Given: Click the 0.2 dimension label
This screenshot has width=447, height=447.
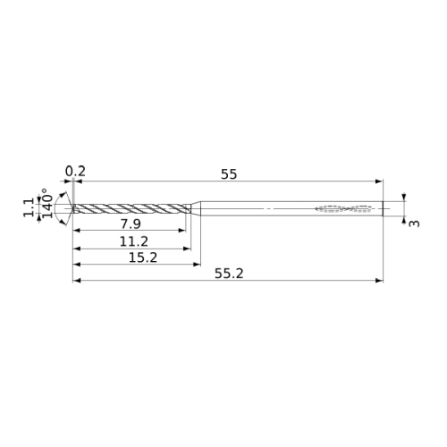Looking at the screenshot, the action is [x=75, y=172].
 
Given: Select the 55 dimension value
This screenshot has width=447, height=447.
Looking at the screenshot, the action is [x=229, y=174].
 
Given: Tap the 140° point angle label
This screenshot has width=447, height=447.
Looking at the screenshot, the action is [x=47, y=203].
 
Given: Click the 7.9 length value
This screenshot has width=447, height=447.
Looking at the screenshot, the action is [x=131, y=223].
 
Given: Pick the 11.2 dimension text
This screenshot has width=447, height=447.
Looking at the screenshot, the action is [x=134, y=241].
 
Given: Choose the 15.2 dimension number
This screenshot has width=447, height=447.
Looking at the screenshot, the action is [x=143, y=257].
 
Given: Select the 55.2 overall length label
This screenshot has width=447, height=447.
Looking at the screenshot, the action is [x=229, y=274].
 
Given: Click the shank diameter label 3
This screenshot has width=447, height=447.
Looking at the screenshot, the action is [x=414, y=223].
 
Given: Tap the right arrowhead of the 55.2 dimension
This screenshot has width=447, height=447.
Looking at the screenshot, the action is [x=379, y=281].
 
